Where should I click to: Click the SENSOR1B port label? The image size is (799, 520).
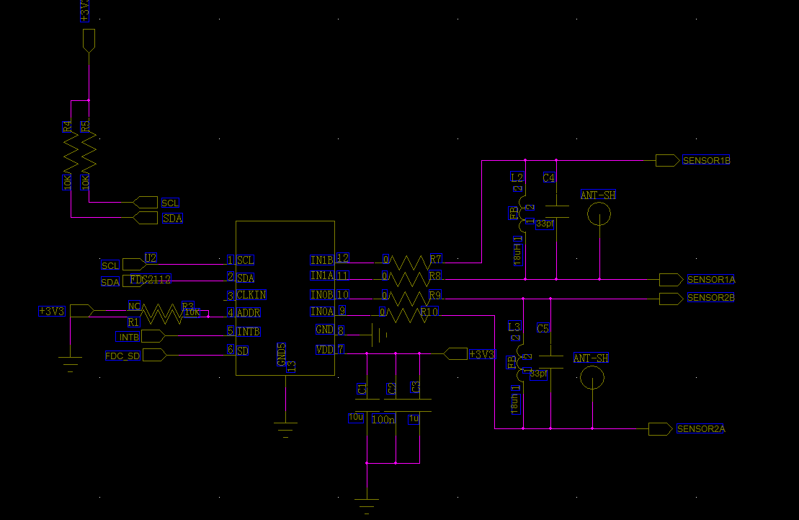(706, 160)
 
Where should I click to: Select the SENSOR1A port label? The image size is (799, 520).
(710, 279)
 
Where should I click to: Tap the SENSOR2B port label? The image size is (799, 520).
(710, 298)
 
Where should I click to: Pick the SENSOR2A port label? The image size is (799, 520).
(700, 429)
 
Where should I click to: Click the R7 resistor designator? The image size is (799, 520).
(435, 258)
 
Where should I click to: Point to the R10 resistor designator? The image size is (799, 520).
(429, 312)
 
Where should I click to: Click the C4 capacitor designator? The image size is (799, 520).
(549, 177)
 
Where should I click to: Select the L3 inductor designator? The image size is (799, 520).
(514, 327)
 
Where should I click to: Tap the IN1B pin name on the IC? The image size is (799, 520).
(321, 260)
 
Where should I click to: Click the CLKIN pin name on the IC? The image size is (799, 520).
(251, 295)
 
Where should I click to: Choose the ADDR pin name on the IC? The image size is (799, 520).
(249, 313)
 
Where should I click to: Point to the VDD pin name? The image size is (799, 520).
(324, 350)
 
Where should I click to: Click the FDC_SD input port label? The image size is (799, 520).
(122, 356)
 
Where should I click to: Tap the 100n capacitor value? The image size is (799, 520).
(383, 420)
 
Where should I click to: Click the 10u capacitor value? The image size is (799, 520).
(356, 418)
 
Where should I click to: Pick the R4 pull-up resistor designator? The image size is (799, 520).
(67, 126)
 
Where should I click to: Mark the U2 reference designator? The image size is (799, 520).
(150, 257)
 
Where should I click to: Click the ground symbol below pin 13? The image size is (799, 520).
(286, 427)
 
